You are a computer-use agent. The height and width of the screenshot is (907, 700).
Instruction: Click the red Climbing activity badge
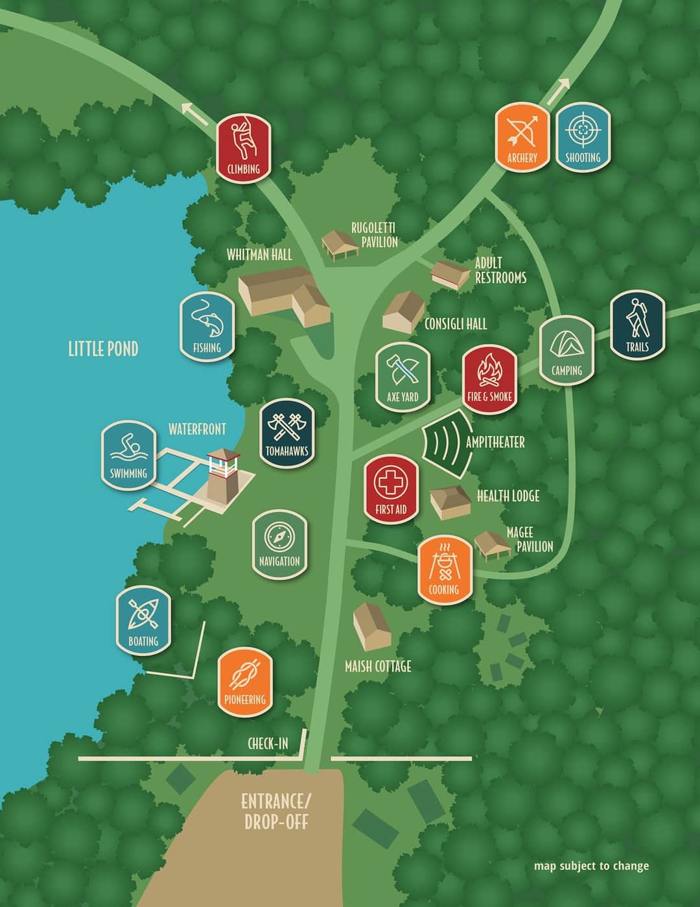click(243, 147)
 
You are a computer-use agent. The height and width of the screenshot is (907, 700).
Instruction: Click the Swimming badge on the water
click(128, 452)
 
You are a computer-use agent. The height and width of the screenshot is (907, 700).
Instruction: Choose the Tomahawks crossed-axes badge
click(286, 430)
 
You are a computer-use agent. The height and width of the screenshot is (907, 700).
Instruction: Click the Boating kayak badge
click(143, 620)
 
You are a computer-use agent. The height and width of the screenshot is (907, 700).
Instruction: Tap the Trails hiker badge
click(637, 324)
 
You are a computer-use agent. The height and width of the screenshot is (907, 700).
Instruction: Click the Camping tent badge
click(566, 350)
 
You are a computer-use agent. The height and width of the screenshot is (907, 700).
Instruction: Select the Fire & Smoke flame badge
click(490, 376)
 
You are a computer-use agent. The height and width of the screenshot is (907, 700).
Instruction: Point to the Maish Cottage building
click(371, 626)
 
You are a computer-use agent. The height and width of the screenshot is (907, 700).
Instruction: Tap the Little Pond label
click(103, 349)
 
